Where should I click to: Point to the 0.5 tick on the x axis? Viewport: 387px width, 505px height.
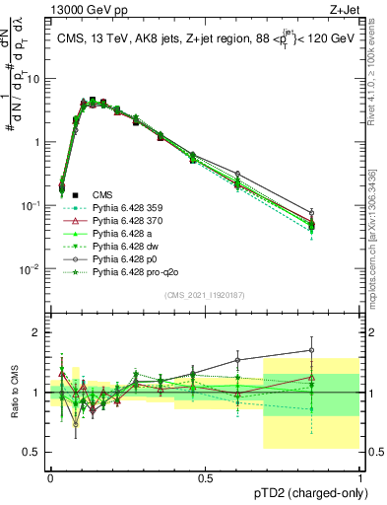pyautogui.click(x=206, y=476)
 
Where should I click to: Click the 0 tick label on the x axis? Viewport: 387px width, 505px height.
pyautogui.click(x=51, y=476)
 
